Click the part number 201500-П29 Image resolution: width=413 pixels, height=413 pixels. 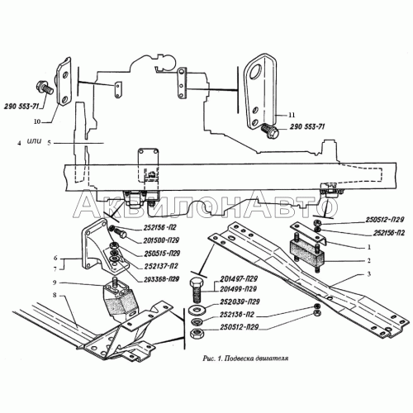[161, 240]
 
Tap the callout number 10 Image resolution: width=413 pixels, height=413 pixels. [37, 121]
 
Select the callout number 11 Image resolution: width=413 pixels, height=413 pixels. [292, 115]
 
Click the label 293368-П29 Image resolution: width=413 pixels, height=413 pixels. [161, 279]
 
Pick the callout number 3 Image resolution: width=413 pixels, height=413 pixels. [369, 273]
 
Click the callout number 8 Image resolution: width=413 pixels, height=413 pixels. [55, 296]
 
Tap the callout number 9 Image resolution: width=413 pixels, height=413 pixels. [55, 282]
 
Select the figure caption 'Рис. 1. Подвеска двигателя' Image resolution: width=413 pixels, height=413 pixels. [245, 358]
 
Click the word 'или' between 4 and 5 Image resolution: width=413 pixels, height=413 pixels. [34, 141]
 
